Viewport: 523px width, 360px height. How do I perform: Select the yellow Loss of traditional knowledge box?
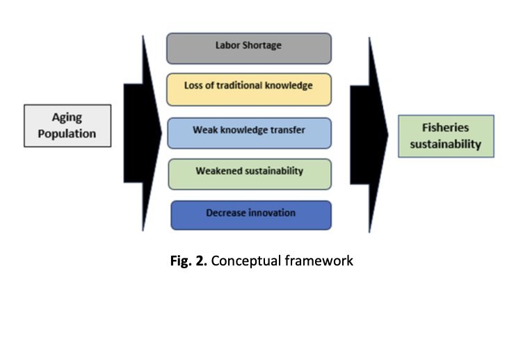pos(249,89)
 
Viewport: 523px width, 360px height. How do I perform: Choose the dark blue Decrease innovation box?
pos(250,215)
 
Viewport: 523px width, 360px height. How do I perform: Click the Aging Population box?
pos(67,125)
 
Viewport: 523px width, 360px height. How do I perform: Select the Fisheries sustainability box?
pos(446,136)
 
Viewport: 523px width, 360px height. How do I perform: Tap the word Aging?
pos(67,117)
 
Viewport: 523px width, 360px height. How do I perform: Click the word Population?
pos(67,133)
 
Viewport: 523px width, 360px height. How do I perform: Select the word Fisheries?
pos(446,128)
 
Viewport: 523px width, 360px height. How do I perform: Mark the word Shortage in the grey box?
pos(266,46)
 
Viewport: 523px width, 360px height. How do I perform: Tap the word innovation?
pos(272,213)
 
